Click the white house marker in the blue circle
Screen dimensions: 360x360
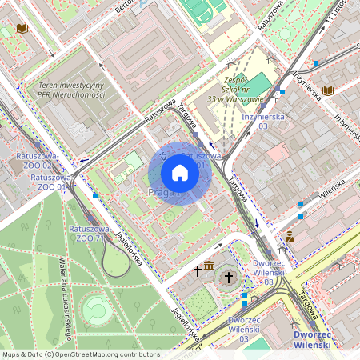(x=180, y=173)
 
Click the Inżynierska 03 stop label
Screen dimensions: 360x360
(x=263, y=121)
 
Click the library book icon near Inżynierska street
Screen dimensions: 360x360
(x=328, y=91)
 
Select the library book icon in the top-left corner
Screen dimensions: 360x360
(x=22, y=29)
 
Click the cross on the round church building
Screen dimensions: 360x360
(x=227, y=277)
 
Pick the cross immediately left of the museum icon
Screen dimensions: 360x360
(x=197, y=271)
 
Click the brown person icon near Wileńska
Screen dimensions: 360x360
(x=290, y=237)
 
